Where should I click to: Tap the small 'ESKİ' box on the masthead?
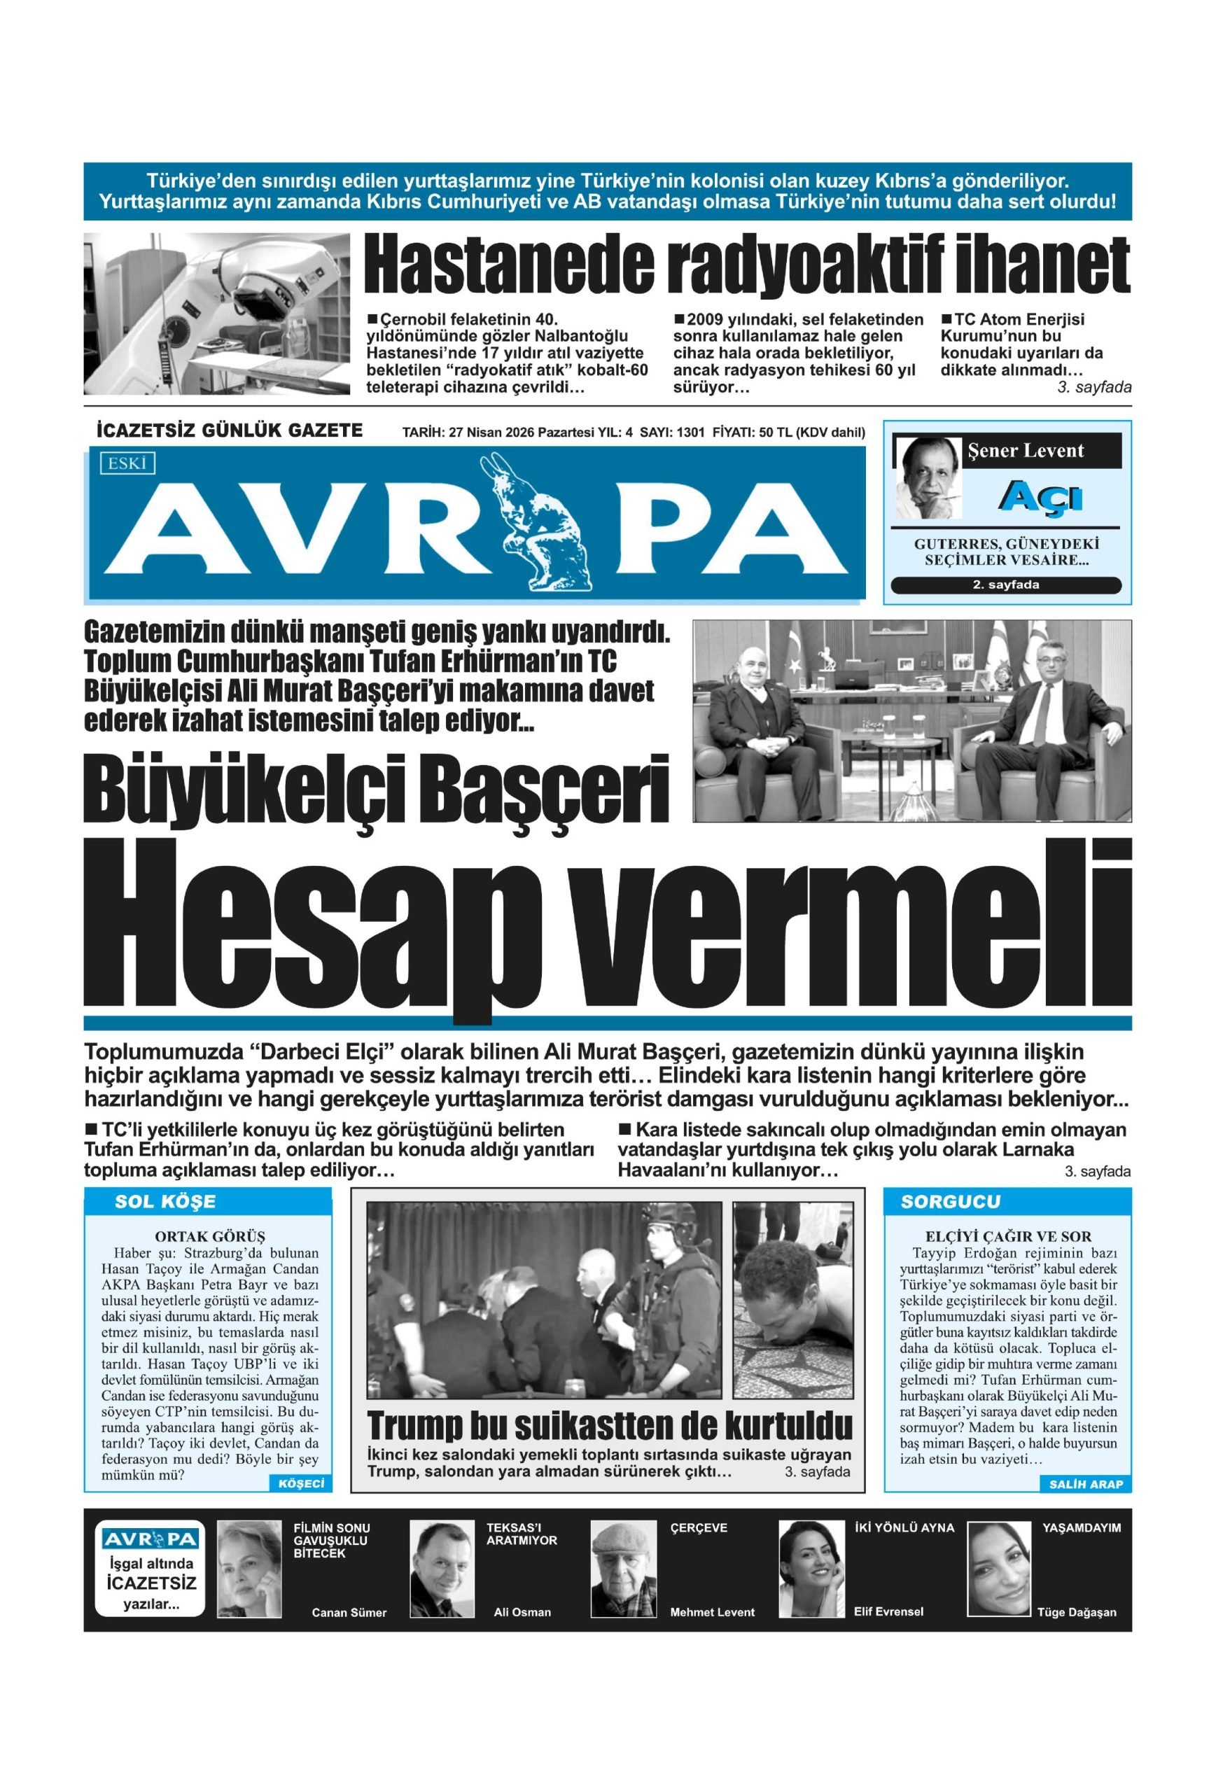[127, 463]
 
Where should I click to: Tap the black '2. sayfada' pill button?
[1005, 584]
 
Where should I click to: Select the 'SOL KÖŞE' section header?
[165, 1201]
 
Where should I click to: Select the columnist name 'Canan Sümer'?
[349, 1612]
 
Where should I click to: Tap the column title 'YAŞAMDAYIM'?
[1081, 1527]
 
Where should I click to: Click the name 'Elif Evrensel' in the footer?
[888, 1611]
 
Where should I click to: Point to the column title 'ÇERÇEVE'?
[698, 1527]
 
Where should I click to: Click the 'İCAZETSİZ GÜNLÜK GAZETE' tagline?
[230, 430]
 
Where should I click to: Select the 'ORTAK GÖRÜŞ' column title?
[210, 1237]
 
